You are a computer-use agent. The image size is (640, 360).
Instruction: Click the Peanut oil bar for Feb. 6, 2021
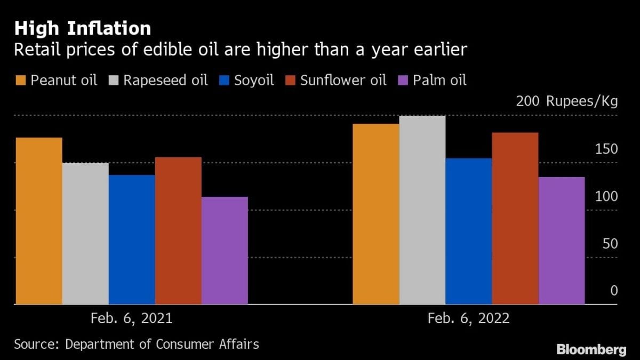point(39,221)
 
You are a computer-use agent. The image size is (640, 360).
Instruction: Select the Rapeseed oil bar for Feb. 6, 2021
point(85,234)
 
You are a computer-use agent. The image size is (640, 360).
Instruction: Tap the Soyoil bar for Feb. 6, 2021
point(132,239)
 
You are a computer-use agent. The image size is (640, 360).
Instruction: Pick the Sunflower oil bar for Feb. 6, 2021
point(178,230)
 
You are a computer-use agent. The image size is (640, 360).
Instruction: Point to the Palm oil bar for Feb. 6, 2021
point(225,251)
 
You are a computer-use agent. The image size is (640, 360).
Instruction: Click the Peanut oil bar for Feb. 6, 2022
point(375,214)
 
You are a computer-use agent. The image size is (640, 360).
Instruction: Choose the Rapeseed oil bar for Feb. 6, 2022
point(422,210)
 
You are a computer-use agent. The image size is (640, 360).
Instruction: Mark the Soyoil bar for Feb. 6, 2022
point(468,231)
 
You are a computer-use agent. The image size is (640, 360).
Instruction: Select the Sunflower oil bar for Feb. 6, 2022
point(515,218)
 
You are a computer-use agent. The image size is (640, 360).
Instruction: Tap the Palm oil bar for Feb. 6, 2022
point(561,241)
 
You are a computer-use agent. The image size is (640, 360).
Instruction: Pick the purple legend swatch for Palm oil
point(404,81)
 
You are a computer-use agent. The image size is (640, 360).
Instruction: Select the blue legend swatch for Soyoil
point(223,81)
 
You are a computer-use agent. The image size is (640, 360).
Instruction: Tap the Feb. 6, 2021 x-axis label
point(132,318)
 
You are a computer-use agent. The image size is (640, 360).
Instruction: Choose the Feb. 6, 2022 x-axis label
point(468,318)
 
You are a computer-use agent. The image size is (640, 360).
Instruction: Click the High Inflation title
point(82,28)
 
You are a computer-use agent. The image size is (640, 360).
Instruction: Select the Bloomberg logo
point(591,349)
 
